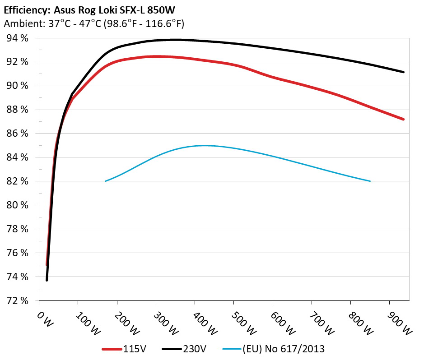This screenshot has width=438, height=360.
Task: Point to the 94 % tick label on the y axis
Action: click(18, 38)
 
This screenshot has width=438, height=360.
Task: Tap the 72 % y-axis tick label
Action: click(18, 300)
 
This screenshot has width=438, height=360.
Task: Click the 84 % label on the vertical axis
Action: click(18, 157)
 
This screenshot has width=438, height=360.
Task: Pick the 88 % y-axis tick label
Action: click(18, 110)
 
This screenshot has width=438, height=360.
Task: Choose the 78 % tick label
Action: click(18, 229)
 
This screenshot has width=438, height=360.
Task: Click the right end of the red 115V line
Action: click(403, 120)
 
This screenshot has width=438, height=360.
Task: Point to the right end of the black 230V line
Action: click(403, 72)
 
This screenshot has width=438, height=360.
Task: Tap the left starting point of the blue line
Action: click(105, 181)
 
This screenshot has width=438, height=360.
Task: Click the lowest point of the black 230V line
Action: click(47, 280)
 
